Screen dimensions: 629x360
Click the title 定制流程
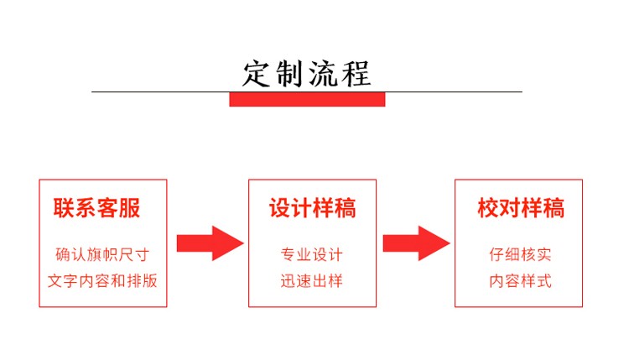(x=306, y=74)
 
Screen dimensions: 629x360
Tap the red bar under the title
(x=307, y=99)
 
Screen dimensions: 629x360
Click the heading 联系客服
(x=96, y=207)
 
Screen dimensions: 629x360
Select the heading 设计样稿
(x=313, y=208)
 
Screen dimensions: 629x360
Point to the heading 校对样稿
(x=521, y=208)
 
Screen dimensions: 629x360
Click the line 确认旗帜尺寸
(x=102, y=254)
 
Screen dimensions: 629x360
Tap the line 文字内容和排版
(x=102, y=280)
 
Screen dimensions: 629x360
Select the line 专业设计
(x=312, y=254)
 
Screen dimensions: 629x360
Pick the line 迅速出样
(x=312, y=280)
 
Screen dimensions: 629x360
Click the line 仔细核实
(x=520, y=254)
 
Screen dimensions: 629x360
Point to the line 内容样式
(x=520, y=280)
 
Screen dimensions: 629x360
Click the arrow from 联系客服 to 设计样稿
(x=211, y=243)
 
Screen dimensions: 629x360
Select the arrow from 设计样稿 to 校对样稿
(x=416, y=243)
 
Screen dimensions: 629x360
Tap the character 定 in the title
(x=256, y=74)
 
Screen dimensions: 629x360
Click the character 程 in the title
(x=356, y=74)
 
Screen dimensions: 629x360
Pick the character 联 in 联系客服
(x=64, y=208)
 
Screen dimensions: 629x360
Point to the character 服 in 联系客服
(x=130, y=208)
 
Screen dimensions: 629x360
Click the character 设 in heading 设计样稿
(x=279, y=208)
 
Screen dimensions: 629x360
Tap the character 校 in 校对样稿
(x=488, y=208)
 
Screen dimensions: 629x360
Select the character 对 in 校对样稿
(x=510, y=208)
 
